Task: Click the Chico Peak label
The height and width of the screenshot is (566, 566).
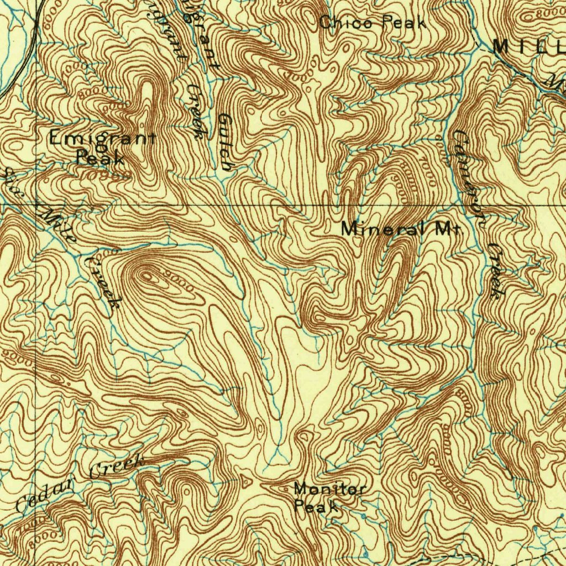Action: pos(373,23)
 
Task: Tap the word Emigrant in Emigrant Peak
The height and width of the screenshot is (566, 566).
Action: pos(102,138)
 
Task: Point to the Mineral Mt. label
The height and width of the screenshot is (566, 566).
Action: pos(400,229)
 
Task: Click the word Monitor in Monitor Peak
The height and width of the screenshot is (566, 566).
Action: pos(329,489)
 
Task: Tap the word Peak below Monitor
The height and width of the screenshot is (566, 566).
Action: pos(316,506)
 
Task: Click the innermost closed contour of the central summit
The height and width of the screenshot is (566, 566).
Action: pos(148,274)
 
